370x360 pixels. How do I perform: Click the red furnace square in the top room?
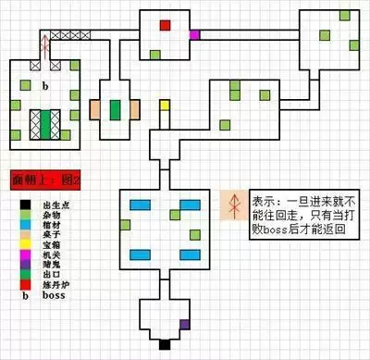pos(166,25)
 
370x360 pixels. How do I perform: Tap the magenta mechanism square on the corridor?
pos(194,35)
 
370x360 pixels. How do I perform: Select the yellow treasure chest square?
pos(166,105)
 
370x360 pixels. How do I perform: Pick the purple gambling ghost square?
pos(185,324)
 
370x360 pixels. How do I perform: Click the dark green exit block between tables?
pos(115,109)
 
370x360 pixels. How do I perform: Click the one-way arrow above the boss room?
pos(43,45)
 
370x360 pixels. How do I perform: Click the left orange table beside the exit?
pos(97,109)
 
